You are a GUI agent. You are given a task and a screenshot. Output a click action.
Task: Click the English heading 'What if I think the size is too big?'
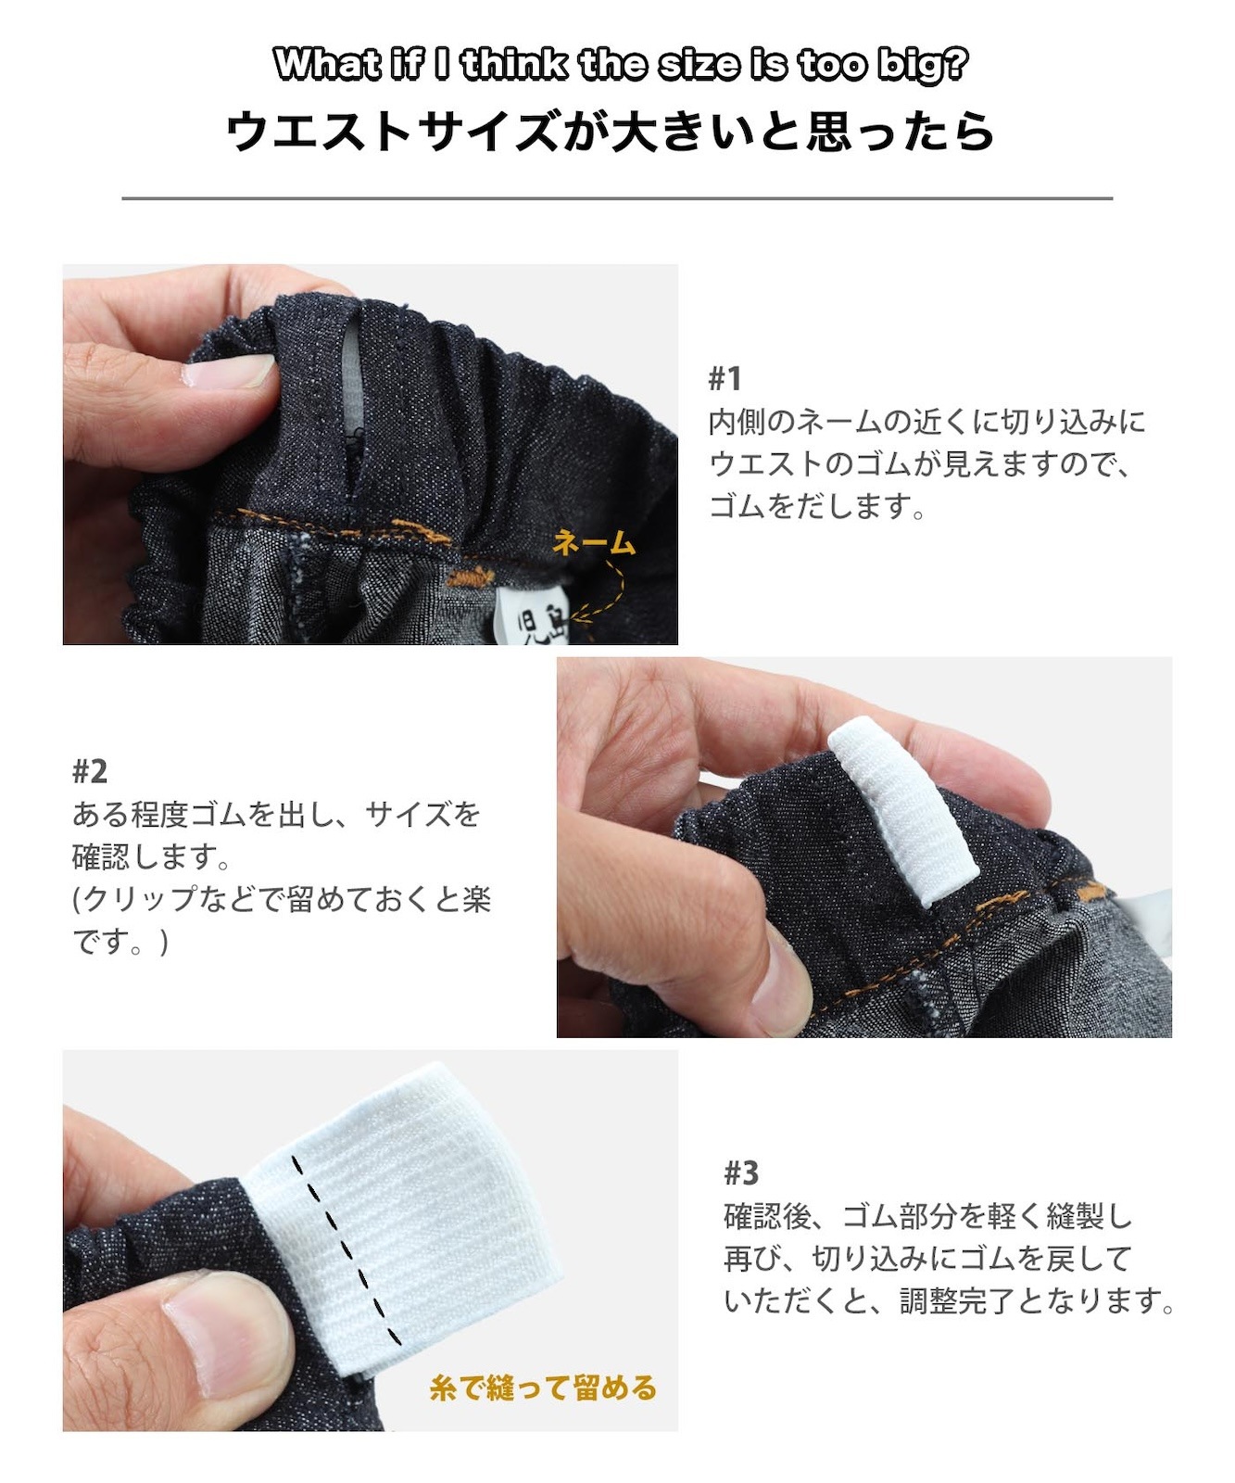click(x=620, y=65)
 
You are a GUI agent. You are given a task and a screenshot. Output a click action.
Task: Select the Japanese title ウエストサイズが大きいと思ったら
click(x=610, y=131)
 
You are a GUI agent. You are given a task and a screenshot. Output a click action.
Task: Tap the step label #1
click(x=725, y=378)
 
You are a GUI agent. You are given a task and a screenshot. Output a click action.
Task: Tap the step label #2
click(x=89, y=771)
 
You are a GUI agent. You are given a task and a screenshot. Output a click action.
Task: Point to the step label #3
click(x=740, y=1173)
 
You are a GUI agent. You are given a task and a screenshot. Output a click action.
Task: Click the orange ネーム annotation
click(x=594, y=543)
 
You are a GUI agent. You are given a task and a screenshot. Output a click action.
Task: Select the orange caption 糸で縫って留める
click(x=542, y=1388)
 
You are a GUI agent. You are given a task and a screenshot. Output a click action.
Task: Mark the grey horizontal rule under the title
click(x=617, y=198)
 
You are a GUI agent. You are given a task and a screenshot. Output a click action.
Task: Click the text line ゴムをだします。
click(x=817, y=506)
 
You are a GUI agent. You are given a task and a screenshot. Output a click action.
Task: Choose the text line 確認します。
click(x=151, y=856)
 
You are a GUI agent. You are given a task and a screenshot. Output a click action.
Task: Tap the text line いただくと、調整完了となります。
click(x=950, y=1300)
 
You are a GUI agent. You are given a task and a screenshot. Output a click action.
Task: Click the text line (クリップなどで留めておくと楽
click(x=282, y=898)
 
